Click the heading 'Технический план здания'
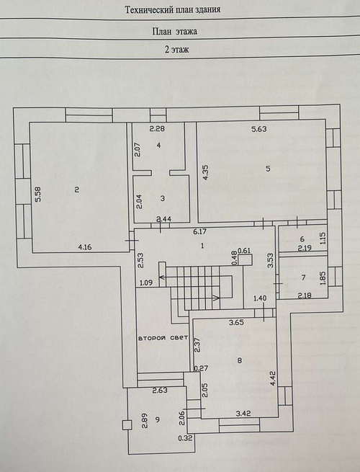[x=173, y=9]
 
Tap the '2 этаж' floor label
[x=176, y=49]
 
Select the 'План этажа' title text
[x=175, y=31]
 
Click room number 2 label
[x=77, y=190]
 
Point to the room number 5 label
[x=268, y=169]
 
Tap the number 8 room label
[x=239, y=360]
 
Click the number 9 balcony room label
[x=157, y=419]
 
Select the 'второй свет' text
[x=163, y=338]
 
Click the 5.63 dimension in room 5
[x=259, y=129]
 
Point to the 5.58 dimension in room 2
[x=39, y=195]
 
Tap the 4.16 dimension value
[x=84, y=247]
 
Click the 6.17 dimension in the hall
[x=200, y=232]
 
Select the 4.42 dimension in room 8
[x=274, y=378]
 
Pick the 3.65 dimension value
[x=236, y=323]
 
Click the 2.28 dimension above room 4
[x=157, y=129]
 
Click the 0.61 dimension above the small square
[x=244, y=251]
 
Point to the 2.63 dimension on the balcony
[x=160, y=391]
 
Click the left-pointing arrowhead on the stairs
[x=161, y=277]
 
